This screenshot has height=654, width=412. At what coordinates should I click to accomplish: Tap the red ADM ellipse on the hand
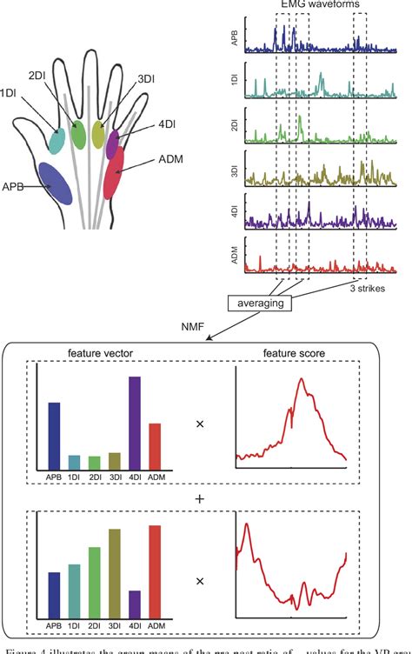[x=115, y=172]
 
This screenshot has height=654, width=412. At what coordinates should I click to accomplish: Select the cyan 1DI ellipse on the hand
[x=57, y=141]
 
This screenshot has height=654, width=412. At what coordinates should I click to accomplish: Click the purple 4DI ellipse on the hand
[x=113, y=143]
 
